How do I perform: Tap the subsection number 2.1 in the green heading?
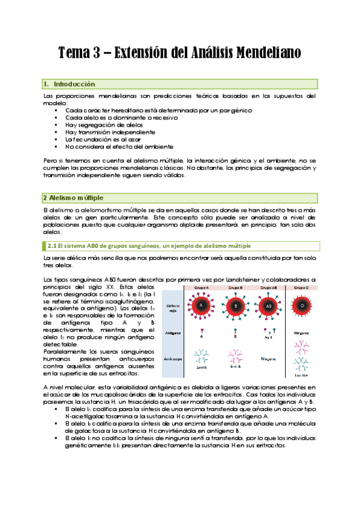click(53, 246)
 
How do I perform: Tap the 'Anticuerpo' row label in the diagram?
click(174, 359)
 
